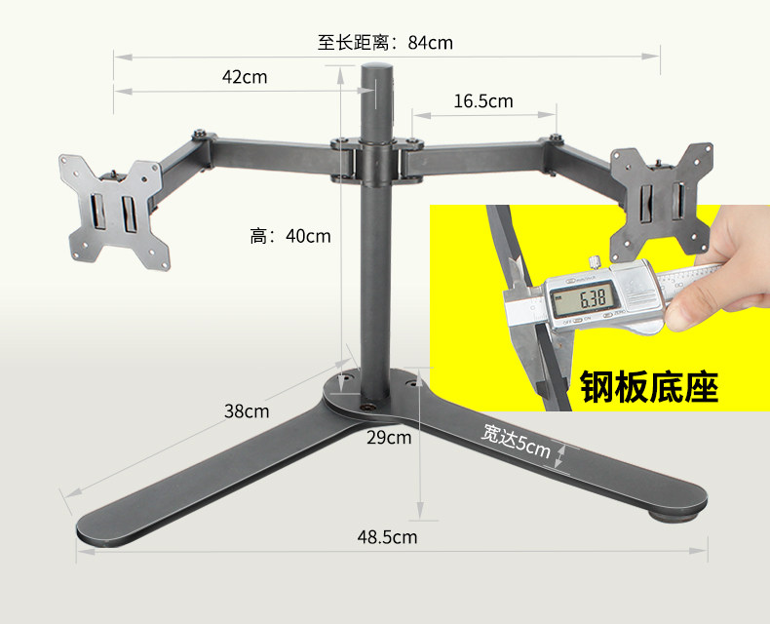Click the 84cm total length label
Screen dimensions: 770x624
tap(385, 43)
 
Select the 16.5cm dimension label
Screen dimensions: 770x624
tap(482, 101)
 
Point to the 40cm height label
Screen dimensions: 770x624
tap(290, 235)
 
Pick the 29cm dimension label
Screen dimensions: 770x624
tap(389, 437)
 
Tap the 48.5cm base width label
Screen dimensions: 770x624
tap(387, 536)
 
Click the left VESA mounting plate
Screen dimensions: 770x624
tap(109, 209)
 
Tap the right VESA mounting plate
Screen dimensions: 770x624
tap(659, 203)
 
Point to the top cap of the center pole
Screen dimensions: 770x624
tap(376, 70)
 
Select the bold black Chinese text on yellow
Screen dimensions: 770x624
tap(649, 386)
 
